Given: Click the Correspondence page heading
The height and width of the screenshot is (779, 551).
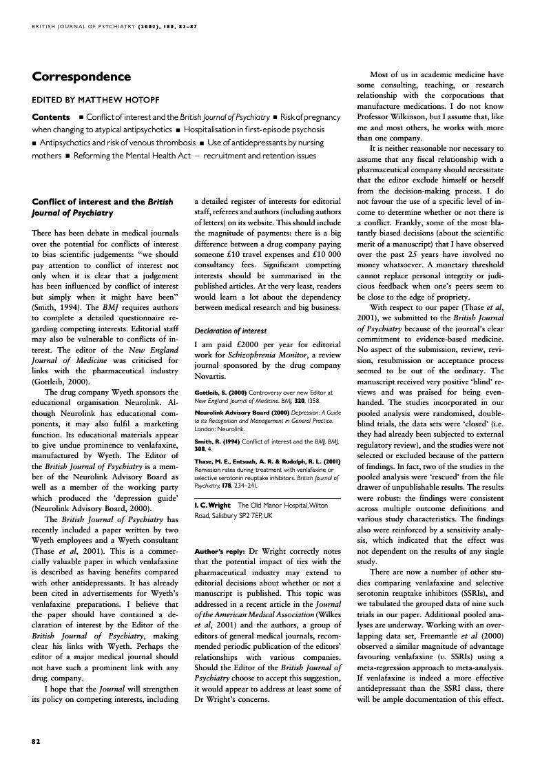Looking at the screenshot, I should pyautogui.click(x=81, y=76).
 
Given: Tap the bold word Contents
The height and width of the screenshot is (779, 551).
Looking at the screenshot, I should pyautogui.click(x=51, y=117).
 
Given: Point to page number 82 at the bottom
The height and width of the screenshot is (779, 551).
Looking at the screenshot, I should pyautogui.click(x=37, y=741).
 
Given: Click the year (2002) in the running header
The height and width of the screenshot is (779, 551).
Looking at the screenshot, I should pyautogui.click(x=152, y=27).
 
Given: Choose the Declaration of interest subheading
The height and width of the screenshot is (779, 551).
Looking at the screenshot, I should pyautogui.click(x=229, y=330).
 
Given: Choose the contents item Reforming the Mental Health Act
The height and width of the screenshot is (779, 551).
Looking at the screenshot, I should pyautogui.click(x=132, y=156).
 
